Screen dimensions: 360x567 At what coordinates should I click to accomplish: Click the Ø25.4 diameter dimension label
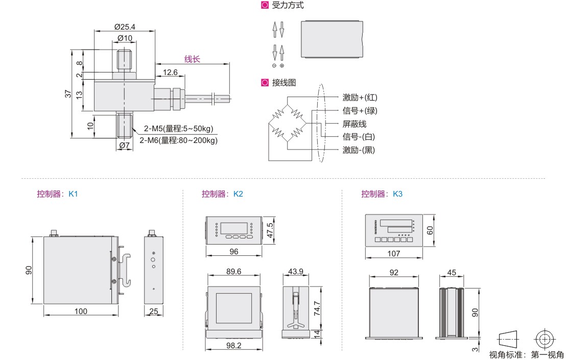pos(125,27)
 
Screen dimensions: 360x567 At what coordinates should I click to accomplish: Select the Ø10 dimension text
pos(125,38)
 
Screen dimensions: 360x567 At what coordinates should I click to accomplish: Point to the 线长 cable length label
pos(192,59)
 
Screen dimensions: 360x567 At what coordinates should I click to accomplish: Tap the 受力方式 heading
pos(288,6)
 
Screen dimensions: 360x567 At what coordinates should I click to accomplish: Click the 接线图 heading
pos(283,82)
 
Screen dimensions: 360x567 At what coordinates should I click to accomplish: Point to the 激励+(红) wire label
pos(360,98)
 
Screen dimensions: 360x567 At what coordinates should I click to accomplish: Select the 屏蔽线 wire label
pos(355,124)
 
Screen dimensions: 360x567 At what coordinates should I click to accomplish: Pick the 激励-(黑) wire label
pos(360,150)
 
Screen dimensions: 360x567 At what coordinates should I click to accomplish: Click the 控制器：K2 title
pos(222,194)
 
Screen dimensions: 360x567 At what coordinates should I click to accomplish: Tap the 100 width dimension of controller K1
pos(81,311)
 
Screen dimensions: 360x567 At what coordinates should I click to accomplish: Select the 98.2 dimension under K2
pos(233,346)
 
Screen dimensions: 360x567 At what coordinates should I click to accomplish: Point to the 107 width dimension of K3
pos(394,253)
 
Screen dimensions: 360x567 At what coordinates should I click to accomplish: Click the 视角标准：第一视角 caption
pos(526,355)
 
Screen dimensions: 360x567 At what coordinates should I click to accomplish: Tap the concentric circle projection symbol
pos(545,339)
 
